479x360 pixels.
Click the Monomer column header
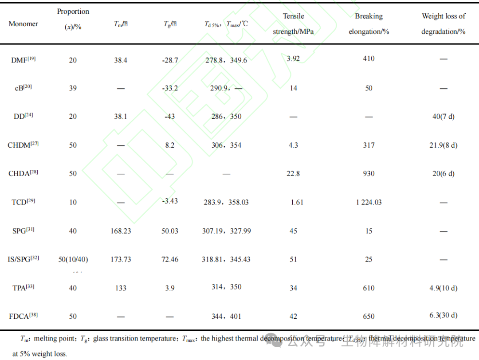[24, 24]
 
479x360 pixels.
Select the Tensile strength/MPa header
[293, 24]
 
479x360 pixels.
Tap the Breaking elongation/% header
[369, 24]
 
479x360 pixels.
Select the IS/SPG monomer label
[24, 259]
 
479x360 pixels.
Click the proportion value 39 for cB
[73, 88]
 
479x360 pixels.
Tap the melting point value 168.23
[121, 231]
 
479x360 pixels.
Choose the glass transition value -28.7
[170, 60]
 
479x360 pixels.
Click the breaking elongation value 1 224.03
[369, 202]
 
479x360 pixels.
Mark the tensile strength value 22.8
[293, 174]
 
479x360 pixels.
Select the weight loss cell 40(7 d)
[444, 117]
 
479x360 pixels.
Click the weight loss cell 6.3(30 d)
[444, 316]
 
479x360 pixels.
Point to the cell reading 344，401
[226, 316]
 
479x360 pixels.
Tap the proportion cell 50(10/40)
[73, 259]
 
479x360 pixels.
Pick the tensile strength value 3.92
[293, 58]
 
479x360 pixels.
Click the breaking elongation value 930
[369, 174]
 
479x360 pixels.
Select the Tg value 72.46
[170, 259]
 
